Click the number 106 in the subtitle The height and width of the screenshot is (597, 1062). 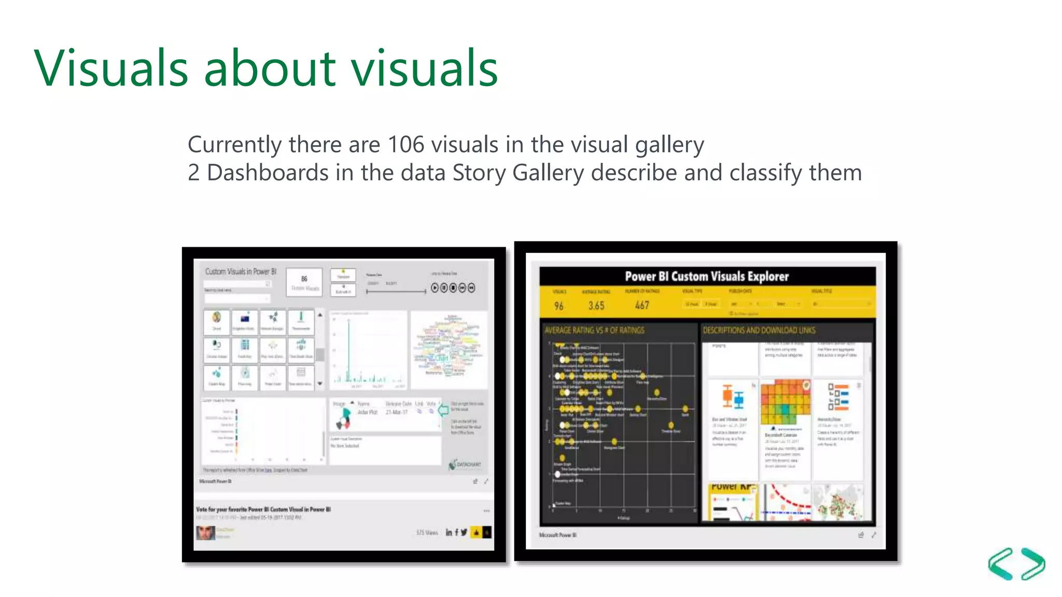[406, 145]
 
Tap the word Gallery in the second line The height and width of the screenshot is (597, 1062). [548, 173]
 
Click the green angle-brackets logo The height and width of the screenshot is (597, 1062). [1016, 563]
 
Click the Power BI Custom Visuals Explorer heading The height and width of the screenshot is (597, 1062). [707, 276]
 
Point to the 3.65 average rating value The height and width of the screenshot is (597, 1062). [596, 306]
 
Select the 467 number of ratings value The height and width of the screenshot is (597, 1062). [642, 305]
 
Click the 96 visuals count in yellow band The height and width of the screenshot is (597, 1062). [558, 306]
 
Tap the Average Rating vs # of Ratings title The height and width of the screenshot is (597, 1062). [594, 330]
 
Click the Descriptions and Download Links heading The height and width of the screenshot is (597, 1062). [759, 330]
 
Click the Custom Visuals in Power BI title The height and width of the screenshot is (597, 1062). [241, 272]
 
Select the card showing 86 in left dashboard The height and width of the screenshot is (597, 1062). [304, 282]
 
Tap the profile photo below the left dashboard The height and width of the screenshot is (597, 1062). [205, 533]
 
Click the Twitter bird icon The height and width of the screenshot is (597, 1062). [464, 532]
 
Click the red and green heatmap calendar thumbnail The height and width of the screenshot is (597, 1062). [785, 403]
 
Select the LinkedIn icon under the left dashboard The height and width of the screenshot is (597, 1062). [449, 532]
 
